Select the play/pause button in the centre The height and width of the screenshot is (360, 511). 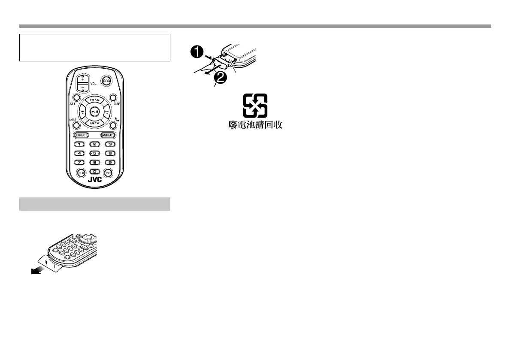(x=95, y=111)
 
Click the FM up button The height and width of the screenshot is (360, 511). (x=95, y=100)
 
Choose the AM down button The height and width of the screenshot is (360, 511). (x=95, y=123)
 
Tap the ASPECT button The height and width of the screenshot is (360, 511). (x=108, y=135)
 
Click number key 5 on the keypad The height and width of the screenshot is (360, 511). (x=95, y=153)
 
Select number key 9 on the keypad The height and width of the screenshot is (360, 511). (x=110, y=162)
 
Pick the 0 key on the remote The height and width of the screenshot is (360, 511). (x=95, y=172)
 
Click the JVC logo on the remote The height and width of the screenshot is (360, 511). (x=95, y=180)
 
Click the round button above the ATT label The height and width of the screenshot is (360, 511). (x=76, y=97)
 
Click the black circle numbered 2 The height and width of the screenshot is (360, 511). (x=220, y=78)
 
